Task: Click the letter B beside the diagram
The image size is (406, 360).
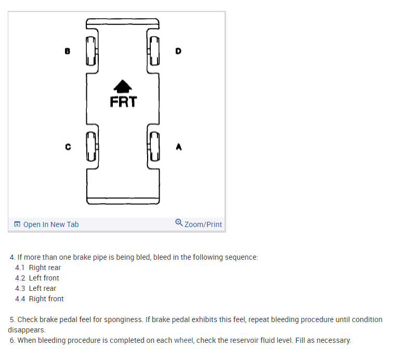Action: pos(67,51)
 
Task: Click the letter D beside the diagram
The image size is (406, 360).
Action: pos(178,51)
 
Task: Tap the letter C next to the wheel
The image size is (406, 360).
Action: pos(68,147)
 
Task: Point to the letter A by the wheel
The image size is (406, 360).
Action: pos(178,147)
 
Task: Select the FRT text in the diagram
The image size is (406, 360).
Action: pos(123,101)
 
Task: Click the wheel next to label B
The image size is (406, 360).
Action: pos(91,51)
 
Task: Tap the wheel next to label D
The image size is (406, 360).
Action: pos(154,51)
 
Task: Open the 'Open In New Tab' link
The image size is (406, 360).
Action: pos(51,224)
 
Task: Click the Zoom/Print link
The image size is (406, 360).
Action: pos(203,224)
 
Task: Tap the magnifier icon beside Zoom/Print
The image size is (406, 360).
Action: pos(179,223)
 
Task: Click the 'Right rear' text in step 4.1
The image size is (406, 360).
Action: pos(45,268)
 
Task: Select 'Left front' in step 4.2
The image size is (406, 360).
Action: pos(44,278)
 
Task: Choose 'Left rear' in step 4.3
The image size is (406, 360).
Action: pos(43,288)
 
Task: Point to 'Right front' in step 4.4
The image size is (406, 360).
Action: pos(46,299)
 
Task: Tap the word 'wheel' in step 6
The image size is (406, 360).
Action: pos(184,340)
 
